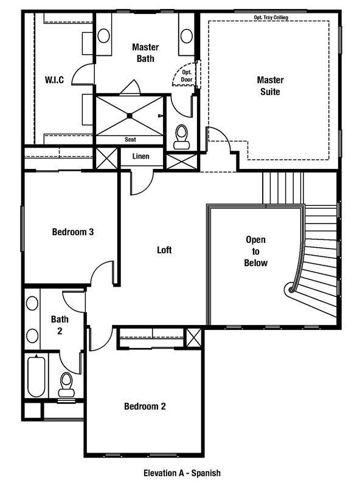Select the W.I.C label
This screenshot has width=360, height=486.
[x=55, y=80]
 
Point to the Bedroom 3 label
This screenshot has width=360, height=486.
[x=72, y=231]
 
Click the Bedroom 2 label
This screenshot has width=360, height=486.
[x=145, y=406]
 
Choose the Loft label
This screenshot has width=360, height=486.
[x=165, y=250]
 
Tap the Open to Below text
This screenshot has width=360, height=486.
[x=256, y=251]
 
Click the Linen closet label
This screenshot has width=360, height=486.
[x=140, y=157]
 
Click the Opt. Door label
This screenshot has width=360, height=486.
[x=186, y=75]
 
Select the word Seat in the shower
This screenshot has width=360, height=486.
[x=130, y=139]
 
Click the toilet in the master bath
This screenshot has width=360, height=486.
[x=181, y=136]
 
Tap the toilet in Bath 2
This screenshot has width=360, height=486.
[x=66, y=384]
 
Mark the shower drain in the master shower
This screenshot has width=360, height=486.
[x=130, y=115]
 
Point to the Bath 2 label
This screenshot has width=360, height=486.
[x=60, y=325]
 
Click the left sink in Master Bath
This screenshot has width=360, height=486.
[x=103, y=35]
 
